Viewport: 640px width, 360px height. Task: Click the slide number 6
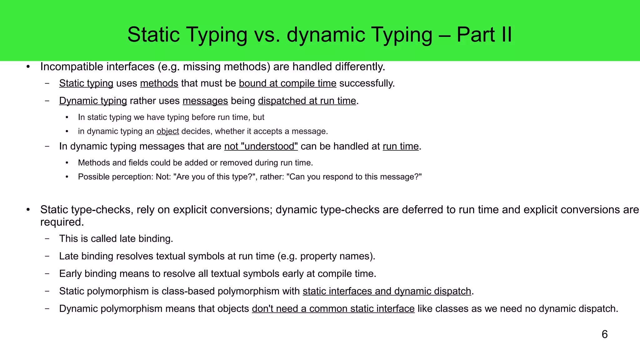pos(604,334)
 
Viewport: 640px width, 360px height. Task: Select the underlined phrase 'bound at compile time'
pos(287,83)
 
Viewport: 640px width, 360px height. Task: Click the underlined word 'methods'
pos(159,83)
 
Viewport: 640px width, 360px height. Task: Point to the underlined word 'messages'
pos(205,101)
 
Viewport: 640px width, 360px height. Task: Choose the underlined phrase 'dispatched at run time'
pos(307,101)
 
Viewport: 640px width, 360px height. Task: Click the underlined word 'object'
pos(168,131)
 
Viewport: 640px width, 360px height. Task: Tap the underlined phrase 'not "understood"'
pos(261,146)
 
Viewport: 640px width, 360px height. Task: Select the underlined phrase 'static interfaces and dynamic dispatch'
pos(387,291)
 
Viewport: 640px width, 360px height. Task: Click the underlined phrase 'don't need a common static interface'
pos(333,309)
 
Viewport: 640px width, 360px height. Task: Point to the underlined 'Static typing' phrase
pos(86,83)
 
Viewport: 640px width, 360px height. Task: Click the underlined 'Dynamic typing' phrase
pos(93,101)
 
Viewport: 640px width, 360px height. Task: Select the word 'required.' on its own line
pos(62,222)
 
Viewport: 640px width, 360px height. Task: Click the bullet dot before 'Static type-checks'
pos(28,210)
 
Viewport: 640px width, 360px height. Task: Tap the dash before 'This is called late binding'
pos(47,239)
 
